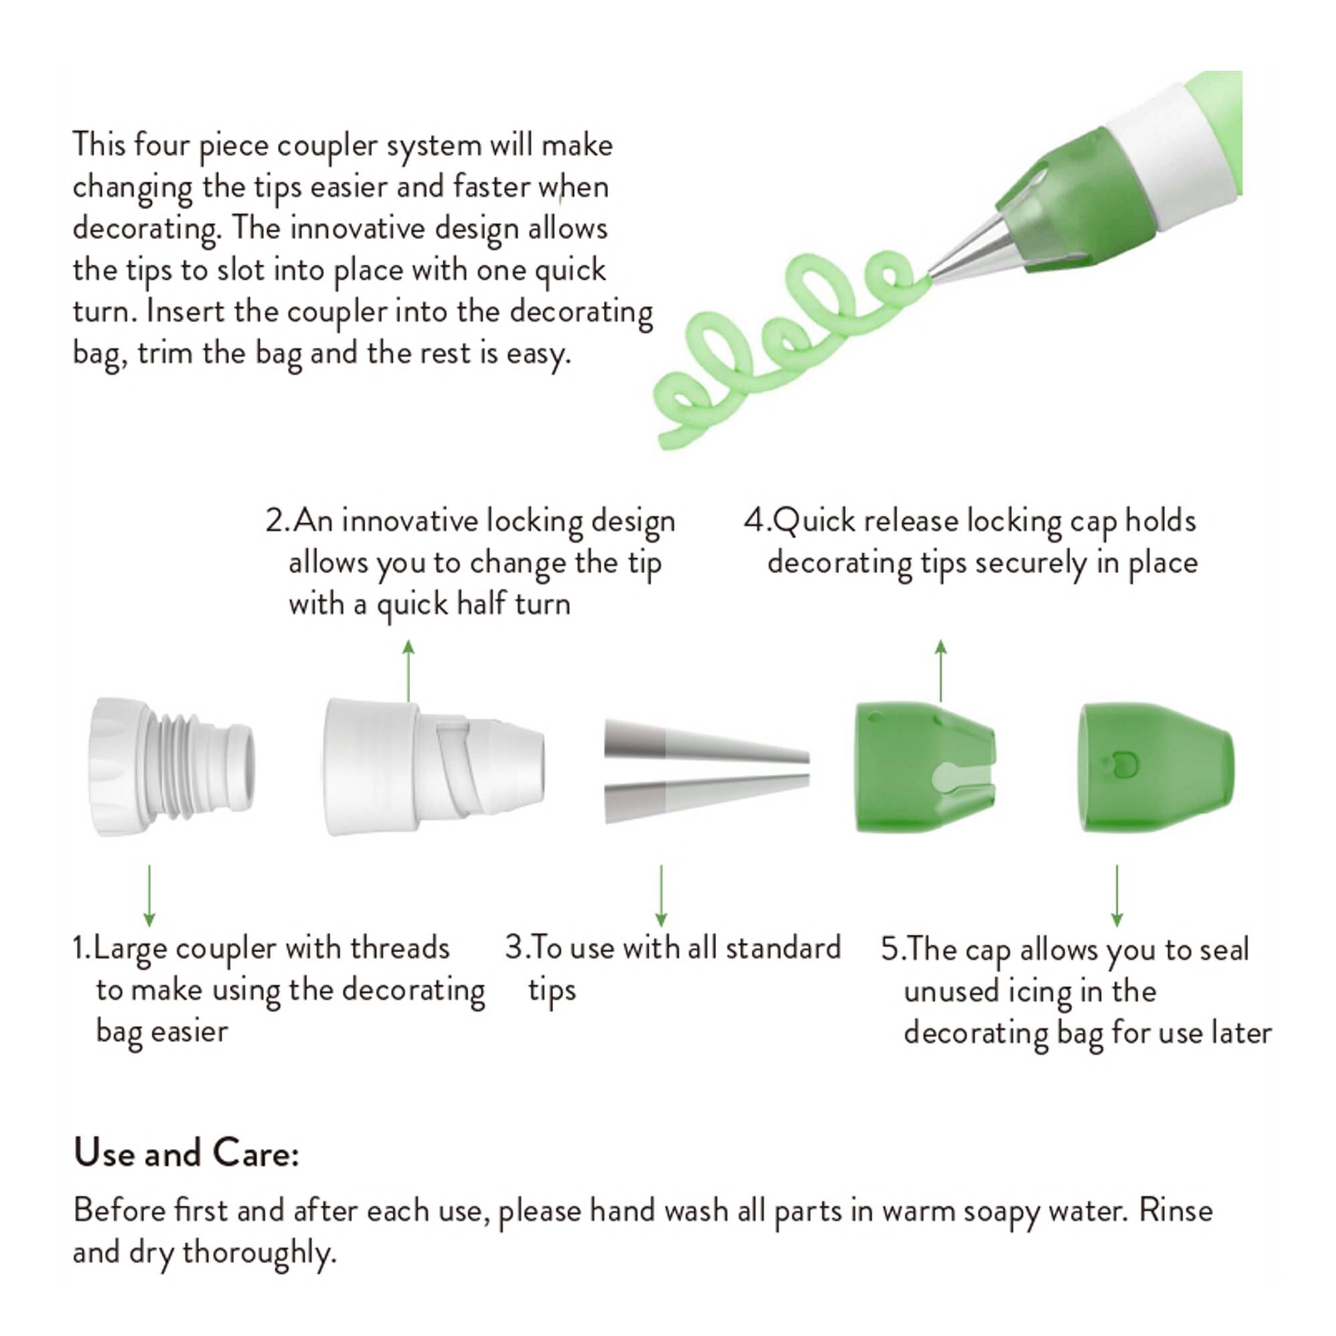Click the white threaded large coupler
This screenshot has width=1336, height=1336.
[x=171, y=767]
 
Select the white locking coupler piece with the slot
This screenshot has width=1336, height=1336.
[x=434, y=767]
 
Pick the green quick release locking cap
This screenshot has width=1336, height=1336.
[x=925, y=767]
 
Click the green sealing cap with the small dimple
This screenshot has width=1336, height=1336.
[x=1156, y=767]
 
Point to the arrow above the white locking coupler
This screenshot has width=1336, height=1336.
[x=409, y=671]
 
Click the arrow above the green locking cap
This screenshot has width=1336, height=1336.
[x=941, y=671]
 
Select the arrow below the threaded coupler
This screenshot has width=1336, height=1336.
[x=150, y=896]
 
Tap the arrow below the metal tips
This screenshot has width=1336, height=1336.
[x=661, y=896]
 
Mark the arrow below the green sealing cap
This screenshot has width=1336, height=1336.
[x=1117, y=896]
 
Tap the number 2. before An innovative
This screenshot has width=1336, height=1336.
[x=278, y=522]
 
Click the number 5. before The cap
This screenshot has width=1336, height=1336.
[x=892, y=949]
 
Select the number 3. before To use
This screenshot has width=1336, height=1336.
[x=516, y=948]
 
